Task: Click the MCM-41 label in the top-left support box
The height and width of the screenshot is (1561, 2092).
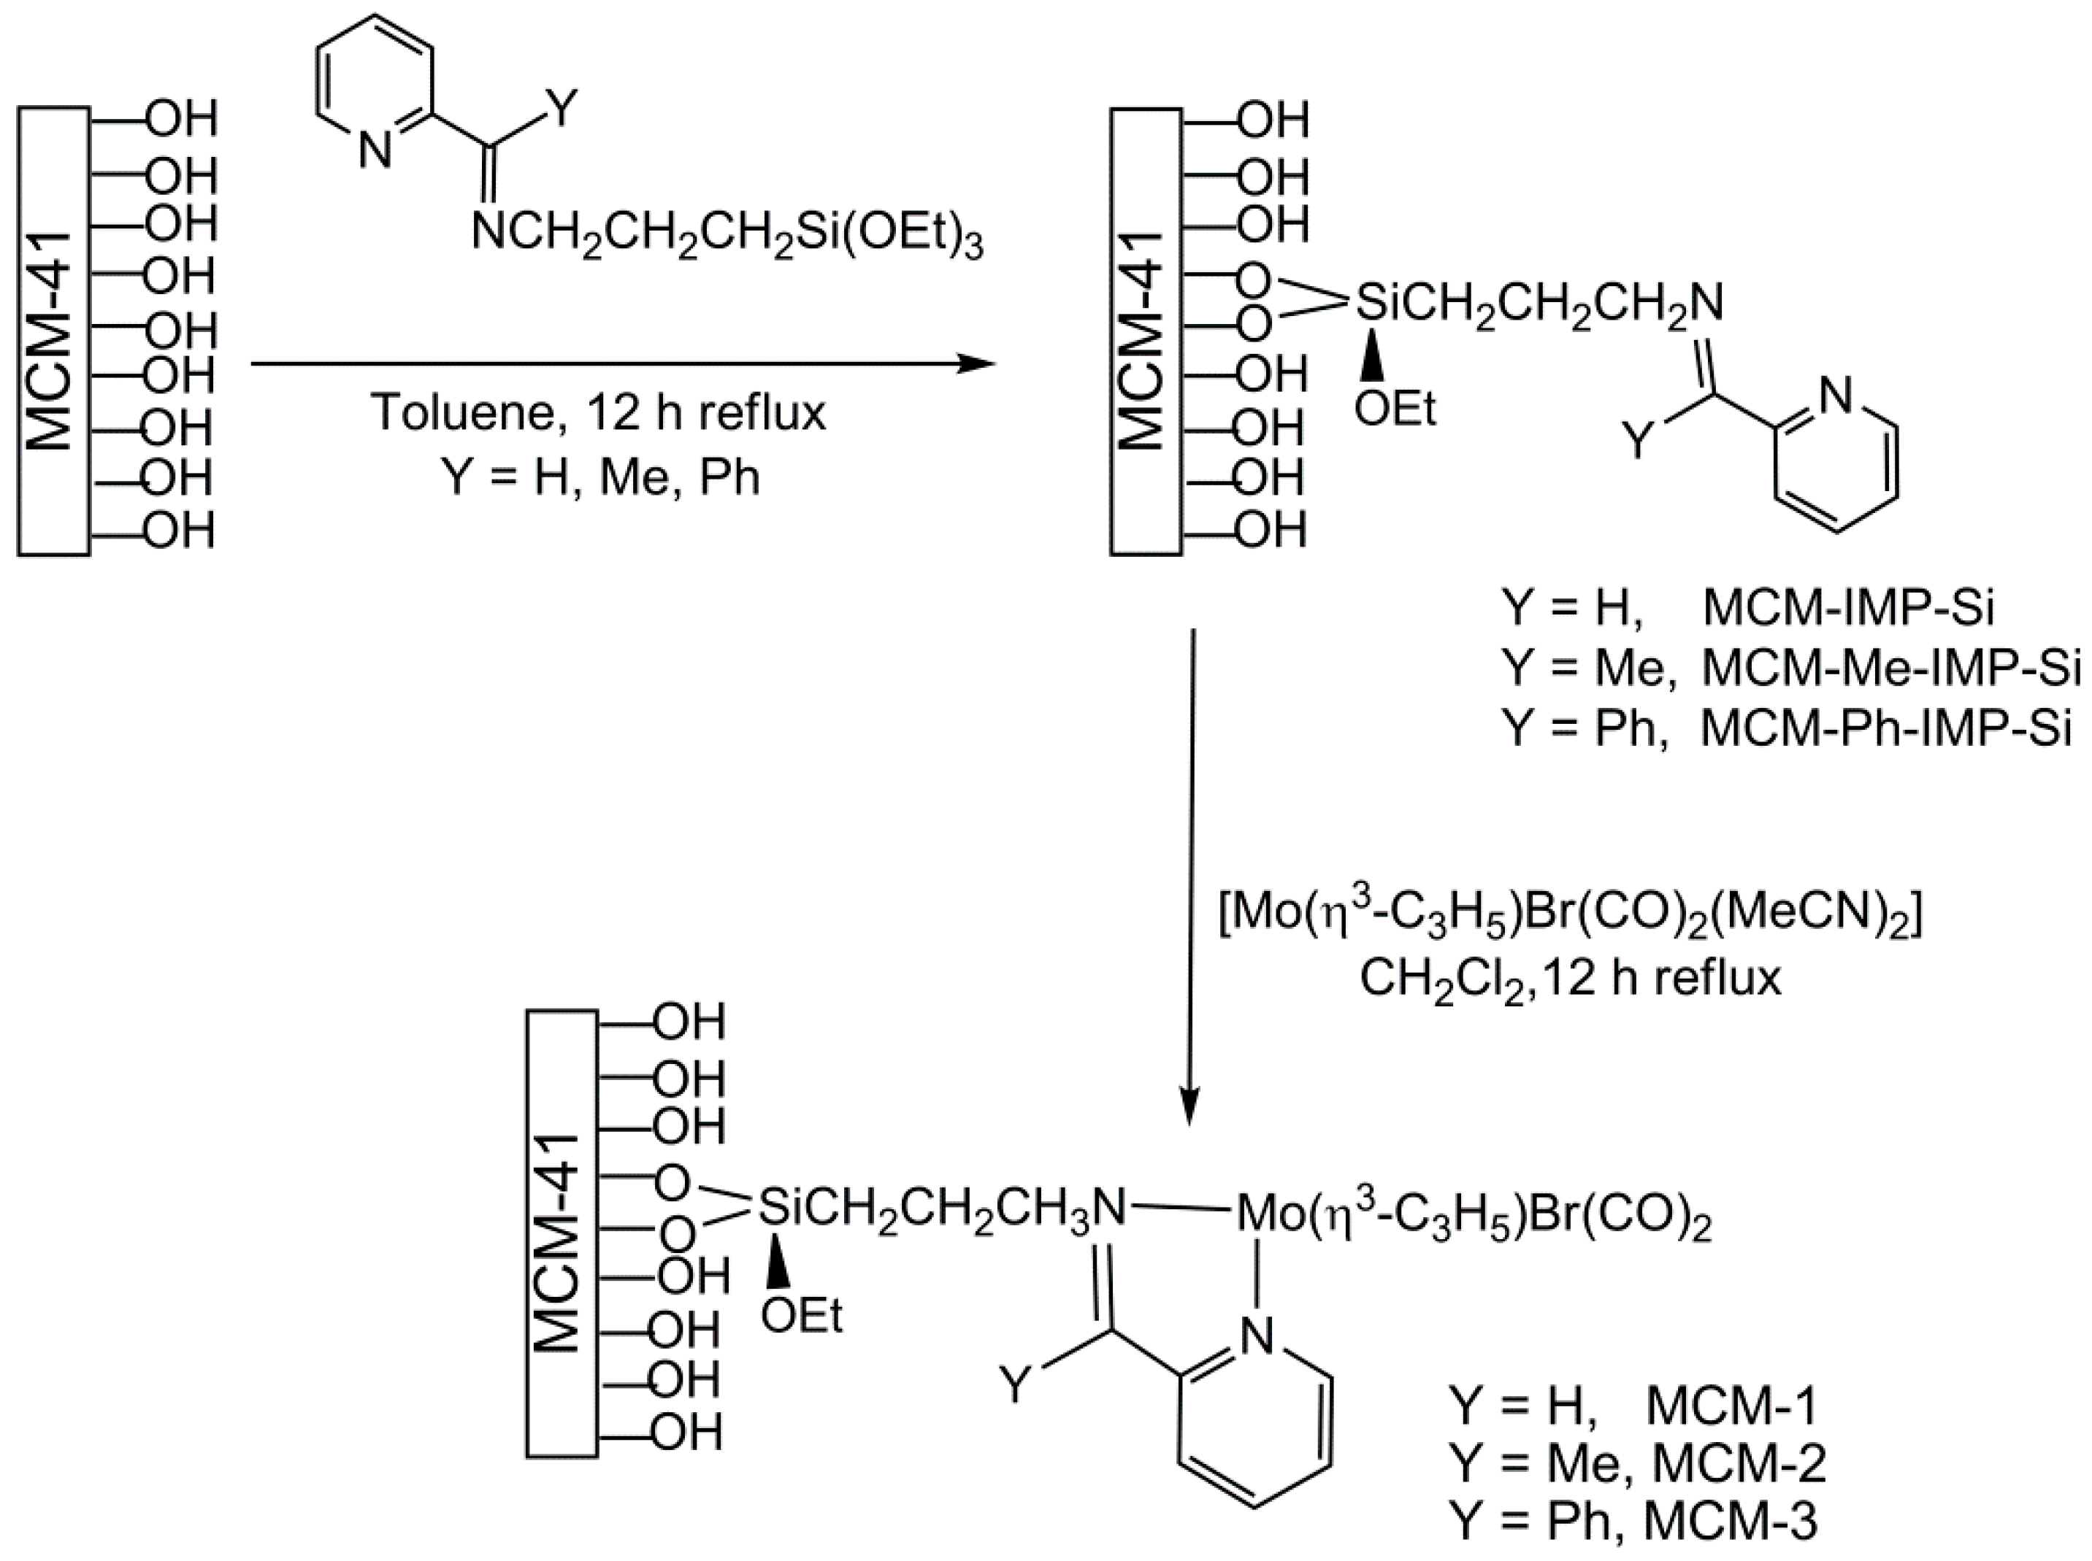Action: [52, 340]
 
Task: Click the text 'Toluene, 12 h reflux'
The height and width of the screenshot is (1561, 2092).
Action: [597, 412]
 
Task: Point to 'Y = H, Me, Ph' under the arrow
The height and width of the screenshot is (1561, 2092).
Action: [600, 477]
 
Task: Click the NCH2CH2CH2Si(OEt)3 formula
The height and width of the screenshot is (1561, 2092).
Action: [726, 234]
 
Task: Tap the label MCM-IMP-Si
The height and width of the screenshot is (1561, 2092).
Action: [1848, 608]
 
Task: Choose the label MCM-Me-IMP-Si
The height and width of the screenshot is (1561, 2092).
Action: [1890, 668]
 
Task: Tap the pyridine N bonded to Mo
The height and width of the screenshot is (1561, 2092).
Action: [1257, 1336]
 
